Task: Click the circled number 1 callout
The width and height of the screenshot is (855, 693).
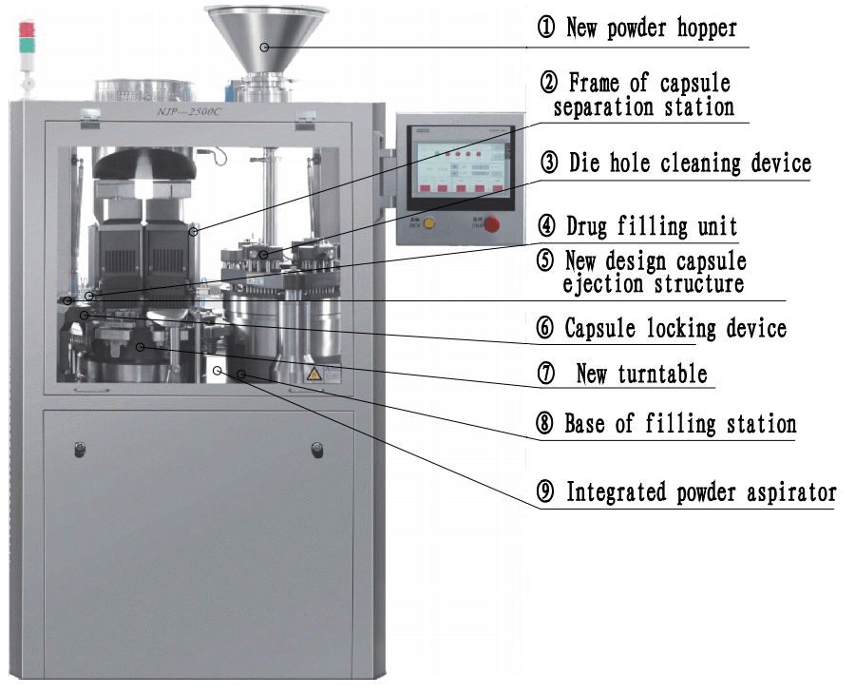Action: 546,27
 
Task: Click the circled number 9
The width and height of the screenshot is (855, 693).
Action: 545,491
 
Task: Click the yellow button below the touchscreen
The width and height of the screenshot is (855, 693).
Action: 429,223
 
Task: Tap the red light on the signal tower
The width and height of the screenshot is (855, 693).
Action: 27,29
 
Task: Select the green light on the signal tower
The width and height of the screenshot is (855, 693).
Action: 27,46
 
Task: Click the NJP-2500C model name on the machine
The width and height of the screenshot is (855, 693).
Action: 189,112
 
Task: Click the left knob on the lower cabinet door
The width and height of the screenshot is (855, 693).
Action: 80,449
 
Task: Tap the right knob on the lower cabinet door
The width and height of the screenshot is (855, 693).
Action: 317,450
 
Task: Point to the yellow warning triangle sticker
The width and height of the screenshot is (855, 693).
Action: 313,375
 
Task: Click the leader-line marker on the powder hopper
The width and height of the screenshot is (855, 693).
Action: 264,48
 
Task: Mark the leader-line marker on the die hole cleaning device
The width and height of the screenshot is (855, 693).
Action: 264,255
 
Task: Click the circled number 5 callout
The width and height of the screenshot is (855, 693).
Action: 545,260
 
